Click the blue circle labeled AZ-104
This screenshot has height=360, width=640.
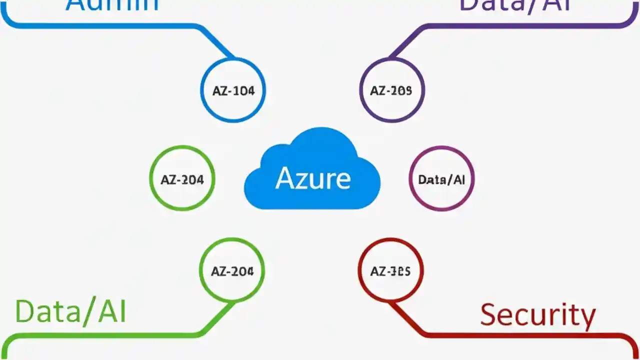point(233,90)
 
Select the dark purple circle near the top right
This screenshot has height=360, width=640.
point(392,90)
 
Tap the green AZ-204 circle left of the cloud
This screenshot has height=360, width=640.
point(182,179)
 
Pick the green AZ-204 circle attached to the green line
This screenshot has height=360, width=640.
point(232,270)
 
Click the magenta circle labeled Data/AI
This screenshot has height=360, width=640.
point(441,179)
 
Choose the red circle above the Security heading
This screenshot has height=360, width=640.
point(391,270)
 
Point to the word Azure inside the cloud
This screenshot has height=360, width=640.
point(313,178)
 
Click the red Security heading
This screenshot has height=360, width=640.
point(537,315)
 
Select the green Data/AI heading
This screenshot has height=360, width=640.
point(70,311)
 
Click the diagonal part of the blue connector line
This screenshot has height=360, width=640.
point(216,41)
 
